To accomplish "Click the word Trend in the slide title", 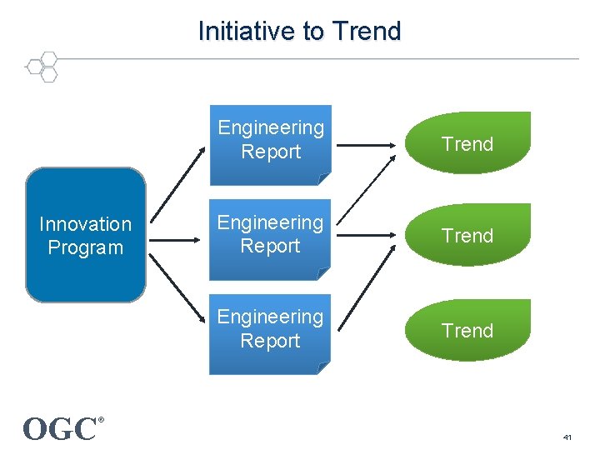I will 366,32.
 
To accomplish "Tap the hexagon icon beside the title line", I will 42,67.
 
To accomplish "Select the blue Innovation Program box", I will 85,235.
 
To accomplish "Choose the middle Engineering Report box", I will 270,236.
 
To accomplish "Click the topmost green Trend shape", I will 467,143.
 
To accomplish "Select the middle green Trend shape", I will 467,236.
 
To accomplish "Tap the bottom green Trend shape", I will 467,331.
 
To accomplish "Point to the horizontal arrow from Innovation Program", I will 177,241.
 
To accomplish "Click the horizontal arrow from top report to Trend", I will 367,147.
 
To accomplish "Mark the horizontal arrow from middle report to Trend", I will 367,241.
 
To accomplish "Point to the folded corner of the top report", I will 322,177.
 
